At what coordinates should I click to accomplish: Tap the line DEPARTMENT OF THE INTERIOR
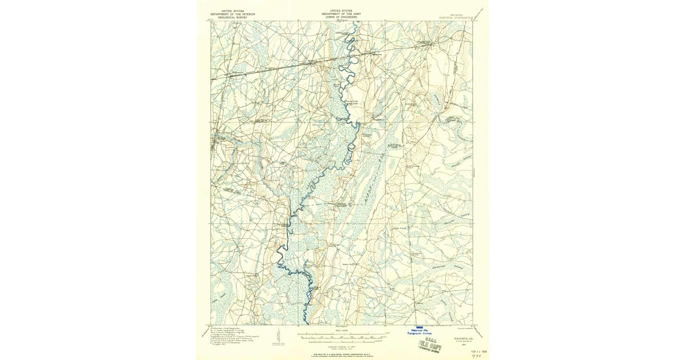pos(233,13)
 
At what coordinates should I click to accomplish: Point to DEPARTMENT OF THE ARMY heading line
pos(342,13)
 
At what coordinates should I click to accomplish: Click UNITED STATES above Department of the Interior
pos(233,10)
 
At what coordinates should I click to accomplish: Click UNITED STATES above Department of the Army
pos(342,10)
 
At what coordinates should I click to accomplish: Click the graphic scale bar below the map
pos(342,338)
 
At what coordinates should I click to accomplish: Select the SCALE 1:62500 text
pos(342,330)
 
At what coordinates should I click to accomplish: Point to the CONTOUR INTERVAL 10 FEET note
pos(342,346)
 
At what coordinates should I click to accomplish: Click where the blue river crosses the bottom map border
pos(308,325)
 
